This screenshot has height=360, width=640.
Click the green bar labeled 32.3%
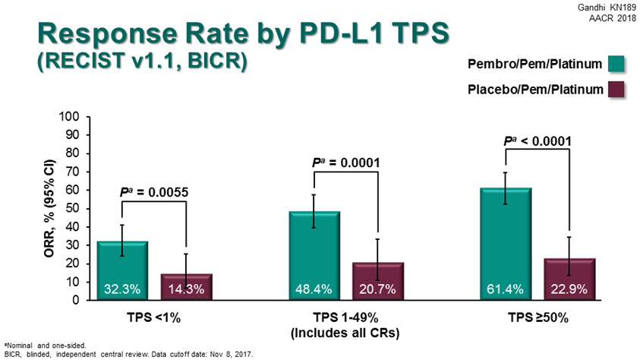click(121, 270)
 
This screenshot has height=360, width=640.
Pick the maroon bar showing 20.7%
click(377, 280)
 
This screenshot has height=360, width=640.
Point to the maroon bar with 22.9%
click(569, 279)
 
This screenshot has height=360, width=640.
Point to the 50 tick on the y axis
click(72, 208)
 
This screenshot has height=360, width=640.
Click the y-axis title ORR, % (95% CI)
click(47, 208)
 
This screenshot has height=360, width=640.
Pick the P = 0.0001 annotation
click(345, 162)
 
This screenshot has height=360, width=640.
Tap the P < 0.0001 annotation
click(538, 141)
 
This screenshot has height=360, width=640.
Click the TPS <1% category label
click(153, 317)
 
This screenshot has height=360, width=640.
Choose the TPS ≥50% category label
click(538, 317)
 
